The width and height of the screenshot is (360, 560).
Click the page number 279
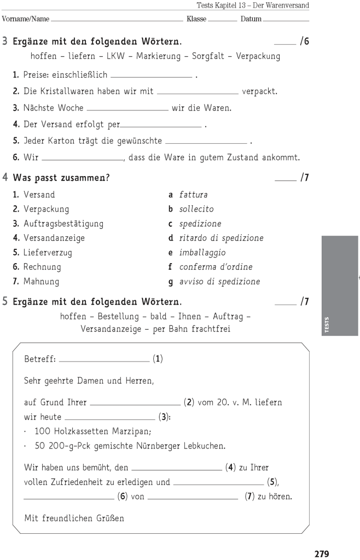322,553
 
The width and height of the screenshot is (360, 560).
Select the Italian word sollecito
196,209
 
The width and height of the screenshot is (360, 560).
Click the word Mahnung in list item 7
41,282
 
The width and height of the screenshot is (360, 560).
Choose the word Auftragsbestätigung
63,224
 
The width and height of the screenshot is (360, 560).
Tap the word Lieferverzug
48,253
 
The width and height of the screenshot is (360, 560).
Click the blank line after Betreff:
104,360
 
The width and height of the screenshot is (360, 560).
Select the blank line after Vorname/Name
117,20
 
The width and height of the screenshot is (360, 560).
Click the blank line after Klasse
223,20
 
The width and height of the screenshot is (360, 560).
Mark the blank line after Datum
286,20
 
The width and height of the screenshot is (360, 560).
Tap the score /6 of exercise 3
304,42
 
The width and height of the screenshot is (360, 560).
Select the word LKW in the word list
117,56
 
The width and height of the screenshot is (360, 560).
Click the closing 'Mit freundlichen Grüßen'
74,518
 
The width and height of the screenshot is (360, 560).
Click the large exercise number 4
5,177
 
